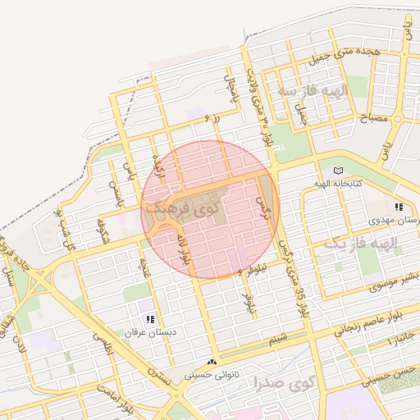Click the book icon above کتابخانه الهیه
[340, 170]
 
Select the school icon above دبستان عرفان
[149, 319]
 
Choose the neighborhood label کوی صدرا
[284, 382]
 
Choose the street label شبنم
[280, 336]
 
